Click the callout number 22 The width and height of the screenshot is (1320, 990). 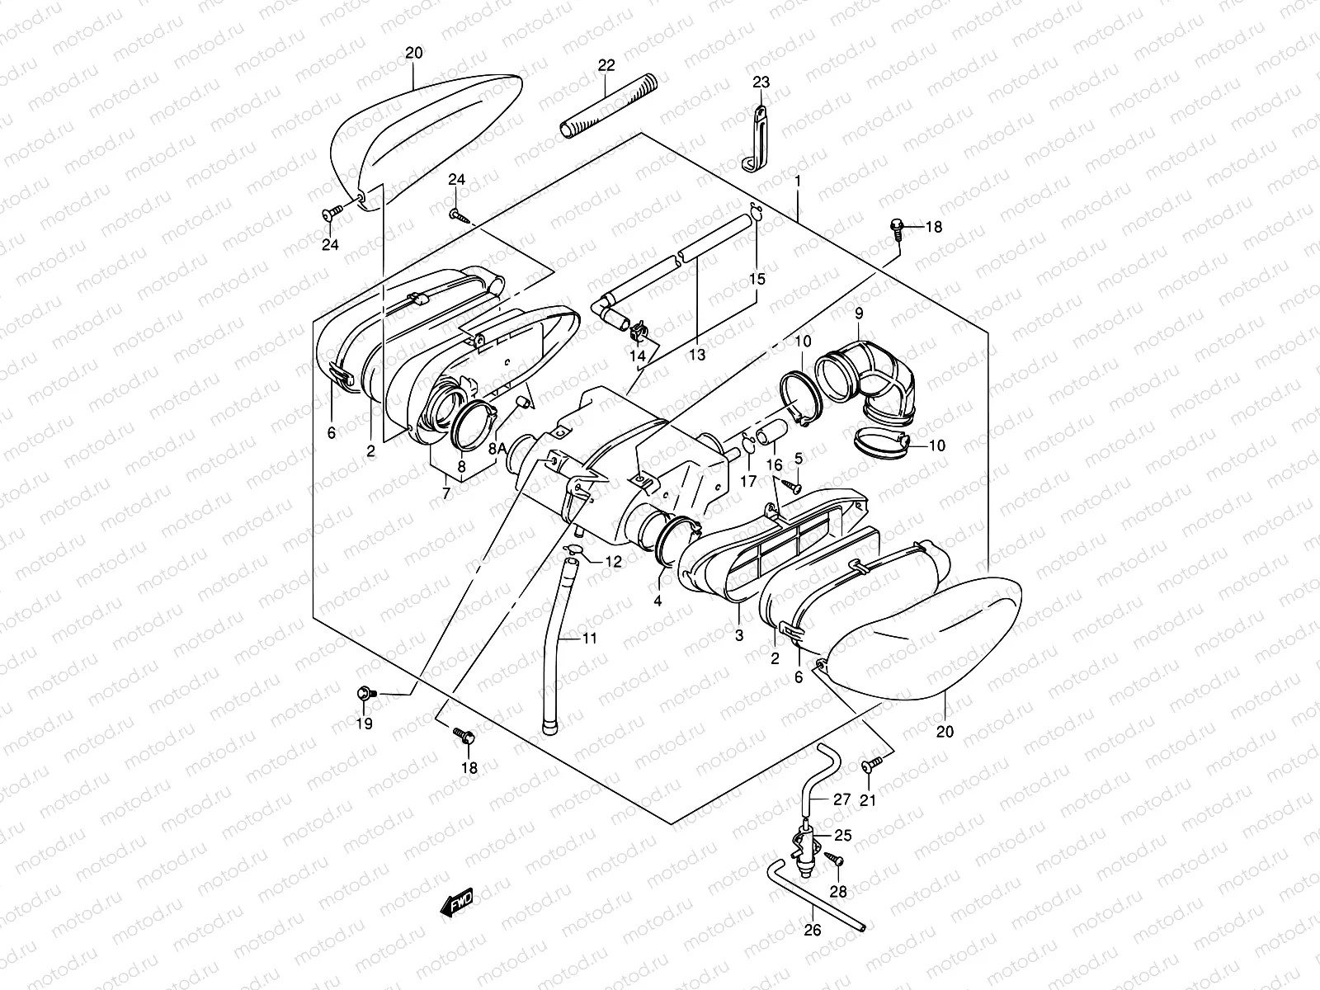click(x=606, y=65)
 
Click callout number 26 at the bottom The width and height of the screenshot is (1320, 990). click(x=813, y=931)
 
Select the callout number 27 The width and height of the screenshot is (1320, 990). click(x=841, y=799)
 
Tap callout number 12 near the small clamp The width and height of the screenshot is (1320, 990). click(x=612, y=562)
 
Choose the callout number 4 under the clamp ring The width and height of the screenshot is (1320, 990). click(x=658, y=601)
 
